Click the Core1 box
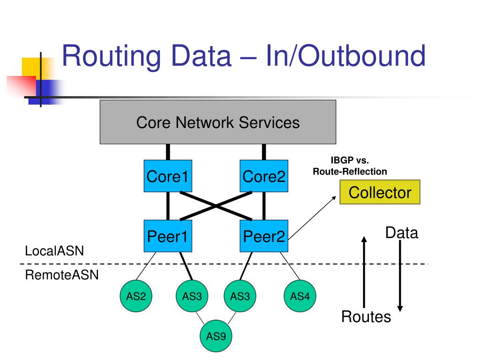[168, 176]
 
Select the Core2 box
[264, 176]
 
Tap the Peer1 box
[168, 236]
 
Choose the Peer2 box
[264, 236]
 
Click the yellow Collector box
[380, 192]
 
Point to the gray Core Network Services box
[218, 122]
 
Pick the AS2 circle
[136, 296]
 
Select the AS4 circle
[300, 296]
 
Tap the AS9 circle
[216, 336]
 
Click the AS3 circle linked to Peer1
[192, 296]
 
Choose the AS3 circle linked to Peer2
[240, 296]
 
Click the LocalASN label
[54, 251]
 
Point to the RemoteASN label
[62, 275]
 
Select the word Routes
[366, 316]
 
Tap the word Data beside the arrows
[402, 232]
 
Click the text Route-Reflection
[350, 172]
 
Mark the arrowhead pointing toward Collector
[334, 198]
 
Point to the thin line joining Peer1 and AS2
[146, 266]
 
